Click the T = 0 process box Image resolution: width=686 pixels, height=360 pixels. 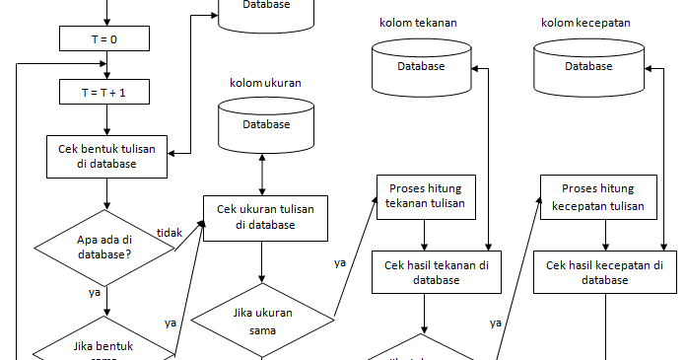pos(104,38)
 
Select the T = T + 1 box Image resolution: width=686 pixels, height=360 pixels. pos(104,92)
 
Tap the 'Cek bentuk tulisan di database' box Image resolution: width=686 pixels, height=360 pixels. pos(106,156)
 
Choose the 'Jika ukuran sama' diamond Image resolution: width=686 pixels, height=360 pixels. pos(262,321)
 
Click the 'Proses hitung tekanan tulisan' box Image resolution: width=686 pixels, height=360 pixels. pos(425,197)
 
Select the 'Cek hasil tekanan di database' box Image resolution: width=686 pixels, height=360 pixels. pos(436,272)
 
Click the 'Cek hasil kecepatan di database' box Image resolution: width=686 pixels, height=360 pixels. pos(605,272)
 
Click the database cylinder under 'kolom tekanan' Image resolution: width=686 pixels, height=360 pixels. pos(421,65)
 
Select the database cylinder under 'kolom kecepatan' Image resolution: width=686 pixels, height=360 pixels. pos(588,65)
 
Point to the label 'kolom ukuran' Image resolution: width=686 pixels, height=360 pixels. pos(265,83)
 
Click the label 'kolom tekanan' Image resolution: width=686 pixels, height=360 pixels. pos(418,22)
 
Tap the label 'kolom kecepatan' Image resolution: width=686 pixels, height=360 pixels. pos(585,22)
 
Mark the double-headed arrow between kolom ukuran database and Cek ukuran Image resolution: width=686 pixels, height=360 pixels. pos(262,174)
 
